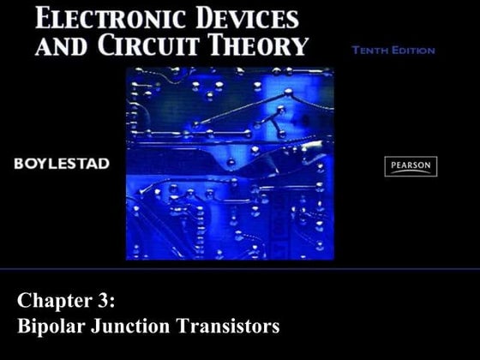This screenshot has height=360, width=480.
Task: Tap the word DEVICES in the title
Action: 249,18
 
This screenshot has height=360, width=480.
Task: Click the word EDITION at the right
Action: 414,51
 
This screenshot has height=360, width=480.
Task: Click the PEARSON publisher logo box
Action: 411,166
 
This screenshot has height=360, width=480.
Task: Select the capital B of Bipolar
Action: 24,326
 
